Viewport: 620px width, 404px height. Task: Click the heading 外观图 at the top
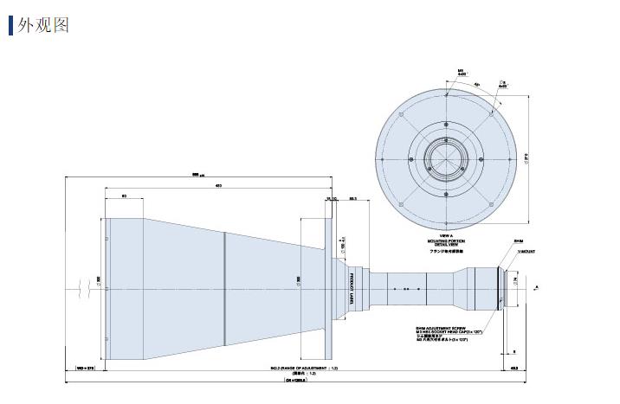(x=42, y=23)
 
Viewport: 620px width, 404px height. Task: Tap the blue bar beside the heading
(x=11, y=24)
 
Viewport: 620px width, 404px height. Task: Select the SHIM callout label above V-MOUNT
(x=519, y=242)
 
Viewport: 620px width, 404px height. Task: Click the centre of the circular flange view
(x=447, y=156)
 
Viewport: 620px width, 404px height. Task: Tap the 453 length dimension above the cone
(x=218, y=186)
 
